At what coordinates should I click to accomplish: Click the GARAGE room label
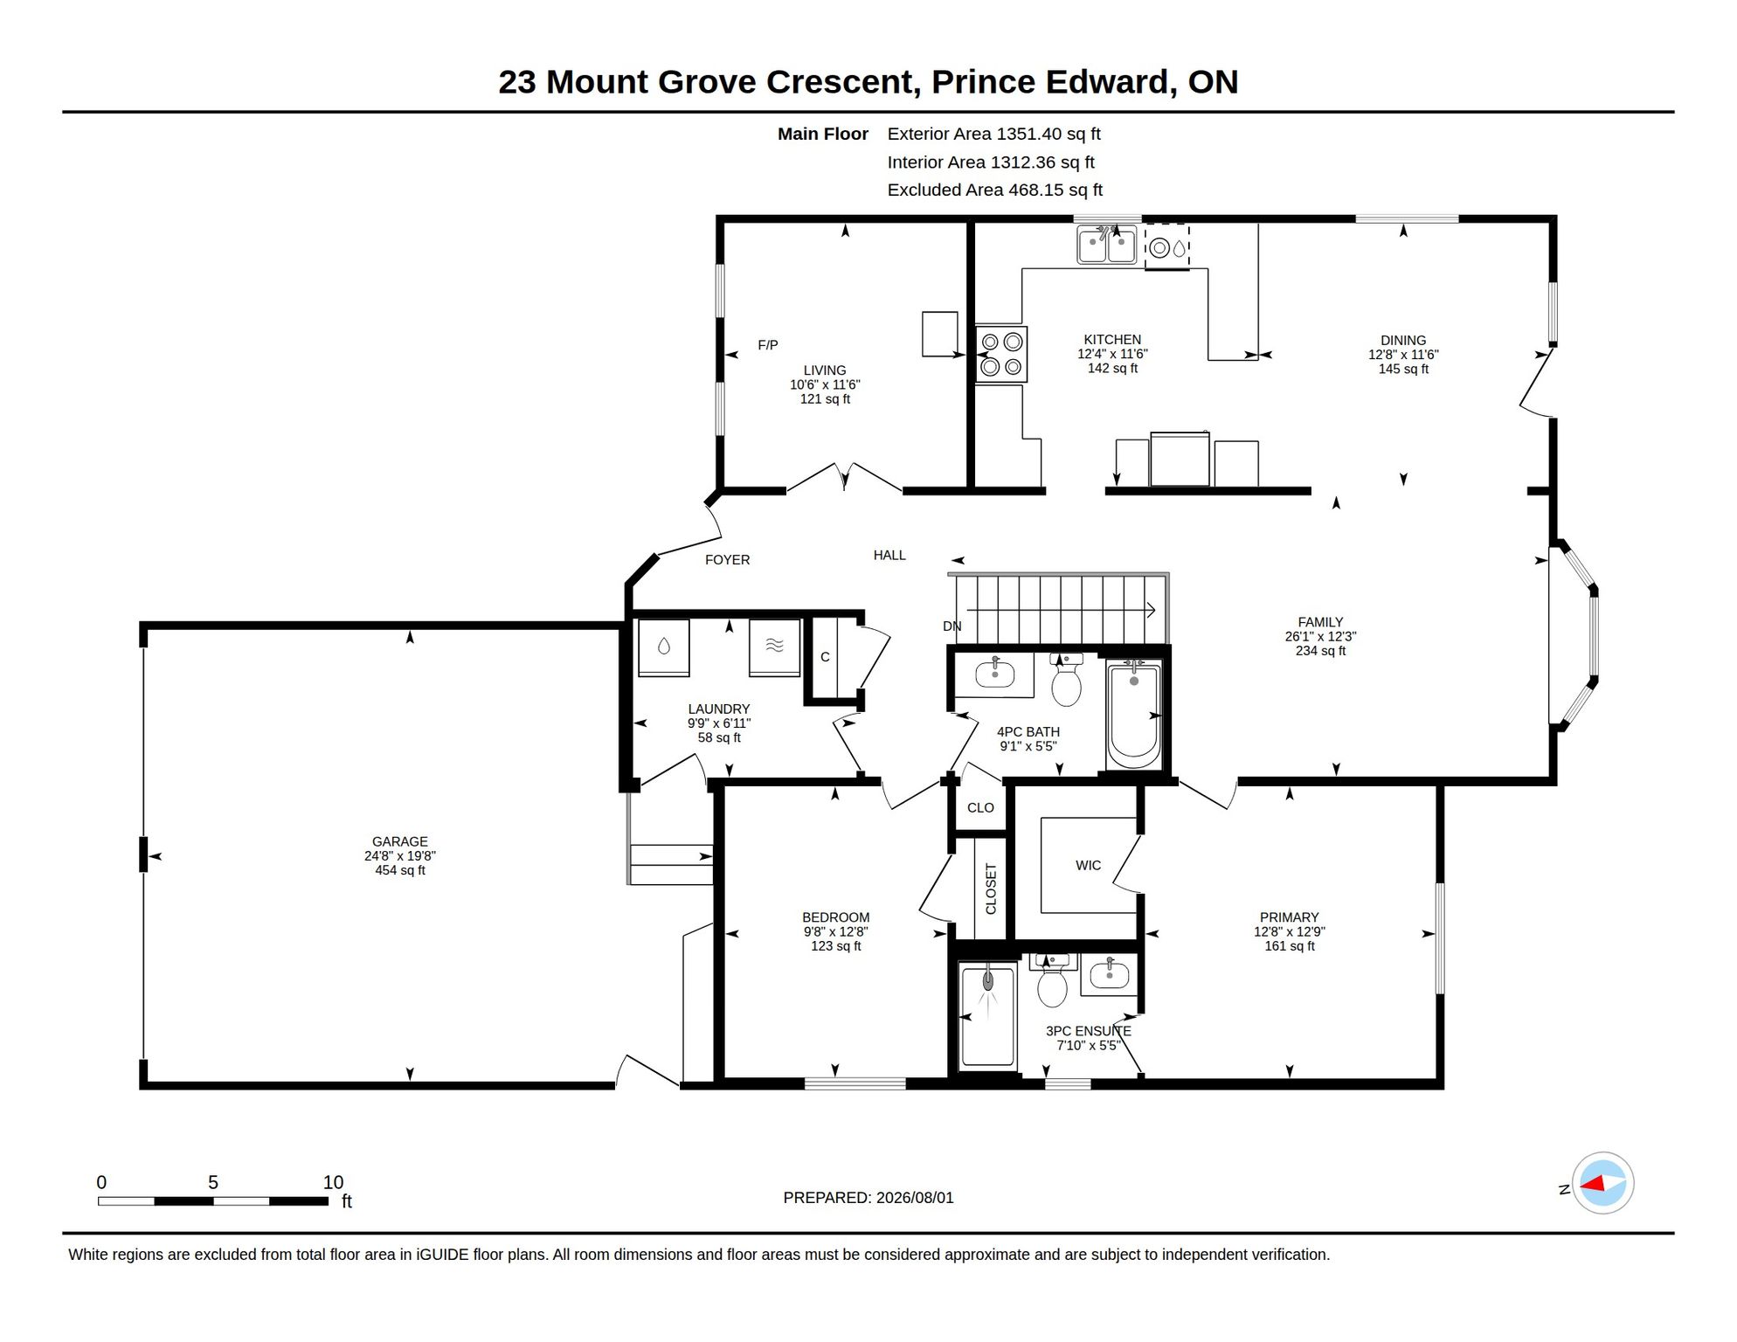pyautogui.click(x=399, y=842)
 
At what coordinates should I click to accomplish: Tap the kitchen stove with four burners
pyautogui.click(x=1001, y=354)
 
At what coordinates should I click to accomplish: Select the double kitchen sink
pyautogui.click(x=1107, y=245)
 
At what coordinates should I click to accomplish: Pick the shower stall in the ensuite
pyautogui.click(x=988, y=1016)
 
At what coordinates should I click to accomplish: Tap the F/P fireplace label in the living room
pyautogui.click(x=767, y=345)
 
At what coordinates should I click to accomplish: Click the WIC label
pyautogui.click(x=1088, y=866)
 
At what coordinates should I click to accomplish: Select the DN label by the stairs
pyautogui.click(x=952, y=626)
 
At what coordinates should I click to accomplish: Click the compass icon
pyautogui.click(x=1602, y=1184)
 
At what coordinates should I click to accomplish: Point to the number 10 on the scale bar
pyautogui.click(x=333, y=1183)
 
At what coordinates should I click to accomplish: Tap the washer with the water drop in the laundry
pyautogui.click(x=663, y=647)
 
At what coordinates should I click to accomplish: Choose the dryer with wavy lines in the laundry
pyautogui.click(x=774, y=647)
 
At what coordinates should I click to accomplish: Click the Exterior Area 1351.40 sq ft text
pyautogui.click(x=993, y=134)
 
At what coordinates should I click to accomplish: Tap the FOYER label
pyautogui.click(x=727, y=560)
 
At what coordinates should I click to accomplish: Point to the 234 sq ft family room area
pyautogui.click(x=1320, y=651)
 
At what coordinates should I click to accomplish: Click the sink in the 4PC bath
pyautogui.click(x=994, y=674)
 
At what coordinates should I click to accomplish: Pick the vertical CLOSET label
pyautogui.click(x=991, y=889)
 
